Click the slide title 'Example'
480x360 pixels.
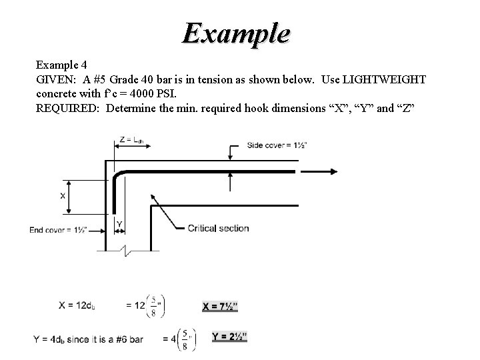point(237,33)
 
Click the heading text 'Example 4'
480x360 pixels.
point(61,65)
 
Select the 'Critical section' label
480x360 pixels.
point(218,228)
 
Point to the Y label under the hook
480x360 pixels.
point(119,223)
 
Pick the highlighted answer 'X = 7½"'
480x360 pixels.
point(220,306)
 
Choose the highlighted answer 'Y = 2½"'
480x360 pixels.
point(229,337)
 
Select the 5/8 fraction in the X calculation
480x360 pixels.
point(155,306)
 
